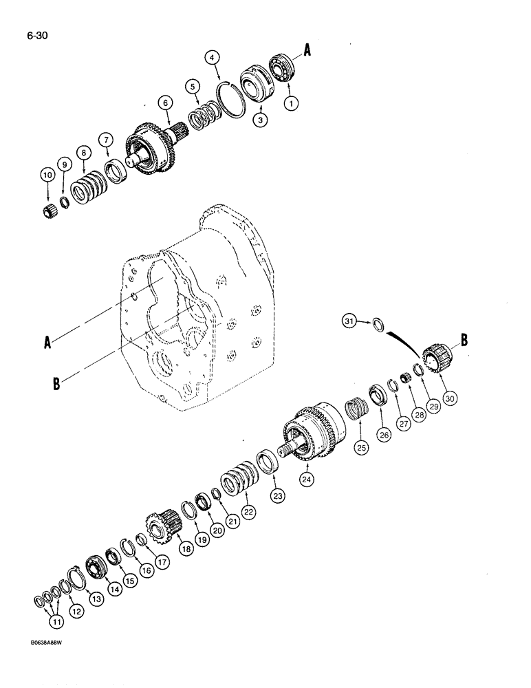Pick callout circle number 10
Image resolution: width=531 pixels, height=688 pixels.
47,176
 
